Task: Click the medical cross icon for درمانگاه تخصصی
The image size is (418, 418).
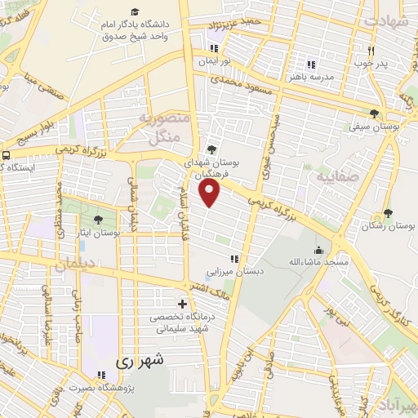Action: (182, 304)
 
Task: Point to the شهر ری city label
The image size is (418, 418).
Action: (140, 359)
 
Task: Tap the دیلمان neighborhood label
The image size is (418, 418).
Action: (75, 265)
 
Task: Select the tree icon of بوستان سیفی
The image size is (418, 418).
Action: (373, 113)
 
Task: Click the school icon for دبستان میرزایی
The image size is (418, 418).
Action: (234, 260)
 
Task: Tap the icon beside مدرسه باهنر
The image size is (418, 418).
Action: (310, 64)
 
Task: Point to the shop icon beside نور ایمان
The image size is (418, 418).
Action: (213, 48)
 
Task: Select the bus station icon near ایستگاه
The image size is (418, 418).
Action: (7, 154)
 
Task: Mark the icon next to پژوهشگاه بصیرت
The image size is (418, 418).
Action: (101, 376)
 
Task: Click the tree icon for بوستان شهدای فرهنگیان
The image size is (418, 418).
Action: (212, 149)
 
